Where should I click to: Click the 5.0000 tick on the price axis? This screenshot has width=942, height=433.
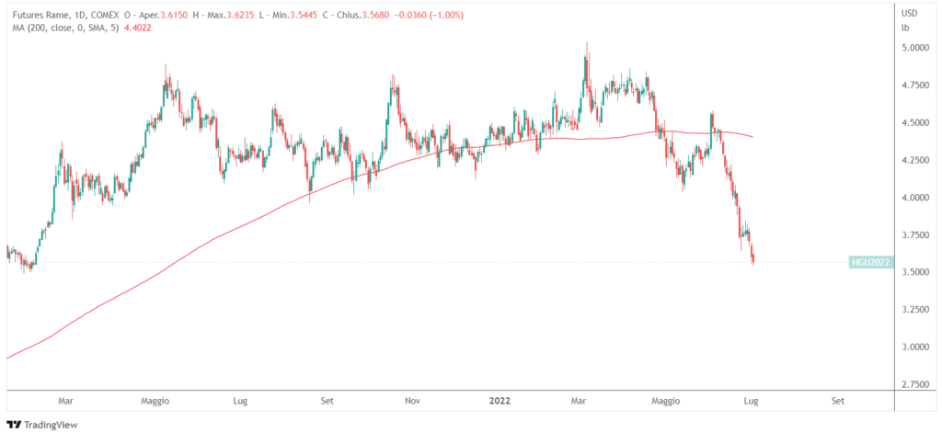click(x=916, y=47)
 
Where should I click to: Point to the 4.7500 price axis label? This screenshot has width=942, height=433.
click(x=916, y=85)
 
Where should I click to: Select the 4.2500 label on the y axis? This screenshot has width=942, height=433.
click(x=916, y=160)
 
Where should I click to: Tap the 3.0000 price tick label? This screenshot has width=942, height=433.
click(x=916, y=348)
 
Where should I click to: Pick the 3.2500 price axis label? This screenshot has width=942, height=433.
click(x=916, y=310)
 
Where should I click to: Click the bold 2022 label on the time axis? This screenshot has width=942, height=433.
click(x=500, y=402)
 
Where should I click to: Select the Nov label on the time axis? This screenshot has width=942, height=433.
click(x=413, y=402)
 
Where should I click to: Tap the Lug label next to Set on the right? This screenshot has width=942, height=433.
click(x=751, y=402)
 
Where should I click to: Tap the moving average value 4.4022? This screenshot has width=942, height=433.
click(x=134, y=28)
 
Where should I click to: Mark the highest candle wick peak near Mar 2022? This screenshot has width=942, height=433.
click(x=586, y=42)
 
